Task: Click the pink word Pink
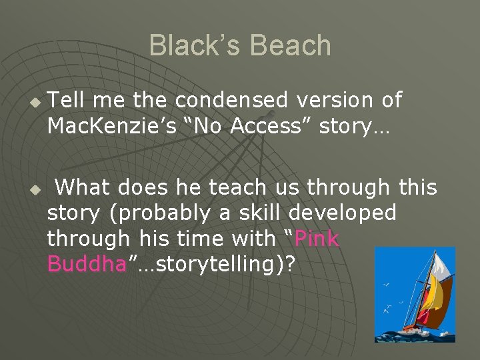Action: coord(317,239)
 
